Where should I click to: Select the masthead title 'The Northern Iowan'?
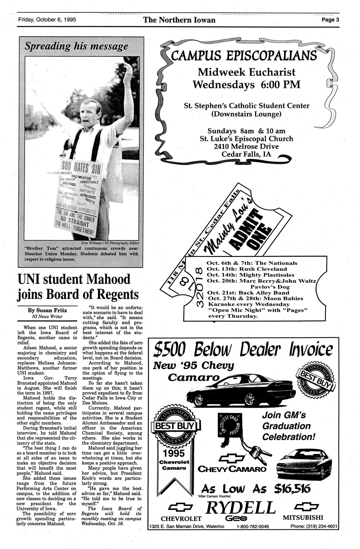(x=179, y=20)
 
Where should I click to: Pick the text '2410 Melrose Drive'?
(x=247, y=146)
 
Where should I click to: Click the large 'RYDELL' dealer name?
(x=239, y=508)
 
